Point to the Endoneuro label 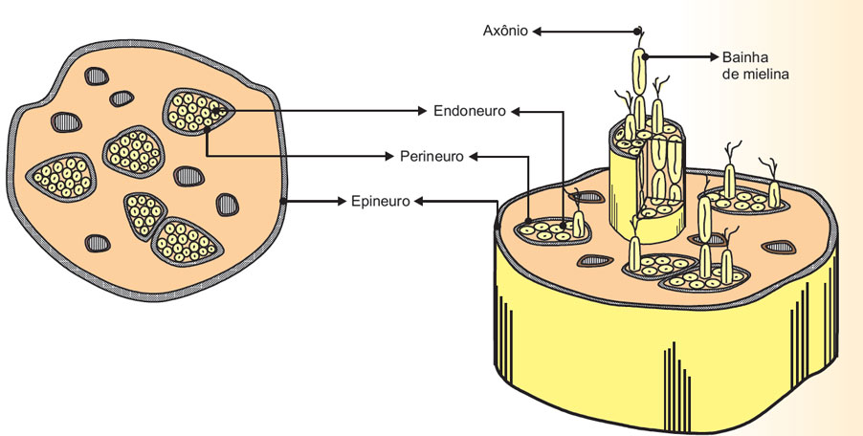coord(470,111)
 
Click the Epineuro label coord(379,201)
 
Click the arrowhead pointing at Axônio coord(539,31)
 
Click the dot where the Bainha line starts coord(647,56)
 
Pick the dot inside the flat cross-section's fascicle coord(221,112)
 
